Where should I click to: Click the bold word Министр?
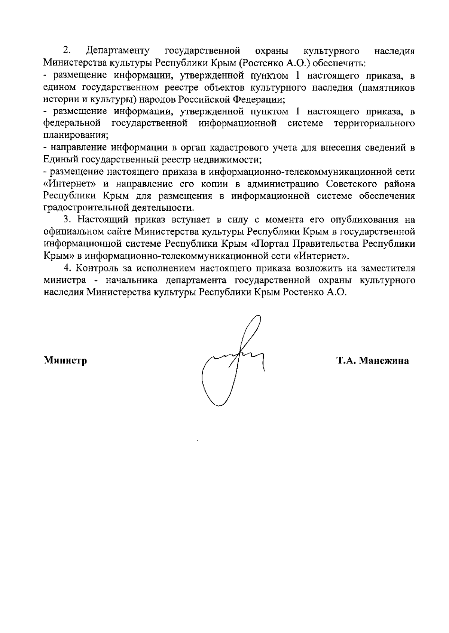point(65,360)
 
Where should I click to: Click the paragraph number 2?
point(67,51)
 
